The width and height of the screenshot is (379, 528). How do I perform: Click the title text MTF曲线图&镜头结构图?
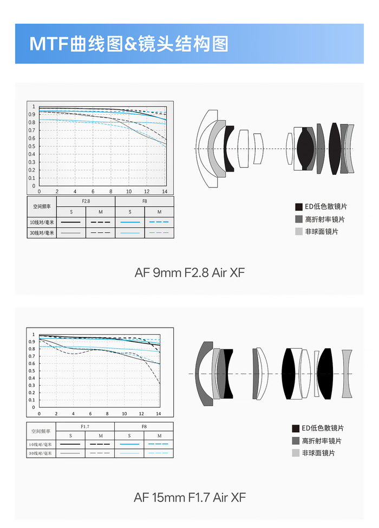click(x=129, y=44)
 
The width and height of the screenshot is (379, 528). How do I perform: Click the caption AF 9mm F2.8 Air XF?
click(x=190, y=272)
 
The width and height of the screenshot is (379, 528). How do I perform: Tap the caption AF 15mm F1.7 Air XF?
click(x=190, y=497)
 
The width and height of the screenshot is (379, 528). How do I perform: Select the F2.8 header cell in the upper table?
click(x=86, y=201)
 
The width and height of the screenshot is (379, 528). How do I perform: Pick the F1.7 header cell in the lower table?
click(x=85, y=427)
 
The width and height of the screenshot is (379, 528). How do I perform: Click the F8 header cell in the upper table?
click(x=145, y=201)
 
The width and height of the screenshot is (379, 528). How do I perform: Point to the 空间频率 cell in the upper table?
click(x=42, y=206)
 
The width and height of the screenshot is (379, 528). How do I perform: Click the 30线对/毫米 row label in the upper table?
click(x=42, y=233)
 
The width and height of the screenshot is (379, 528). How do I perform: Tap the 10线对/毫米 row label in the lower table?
click(x=41, y=445)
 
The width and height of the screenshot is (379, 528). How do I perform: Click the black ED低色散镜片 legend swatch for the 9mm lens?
click(x=299, y=207)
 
